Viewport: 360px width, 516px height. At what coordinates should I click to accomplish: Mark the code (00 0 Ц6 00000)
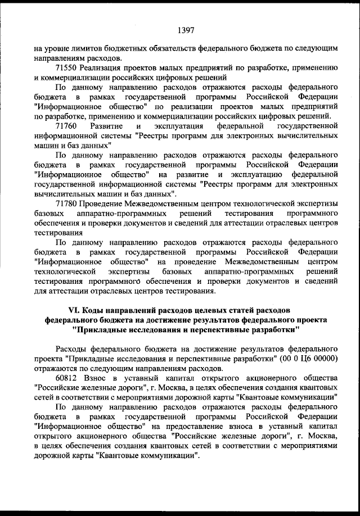point(304,359)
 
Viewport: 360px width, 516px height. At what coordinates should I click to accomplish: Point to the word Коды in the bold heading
point(93,309)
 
